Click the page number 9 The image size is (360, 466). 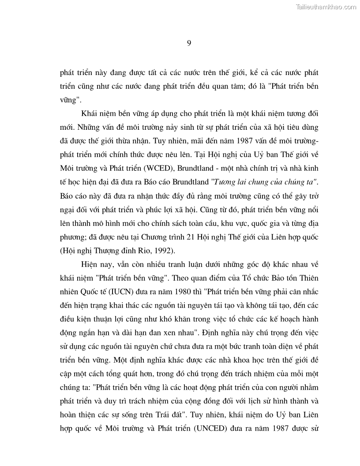tap(188, 43)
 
